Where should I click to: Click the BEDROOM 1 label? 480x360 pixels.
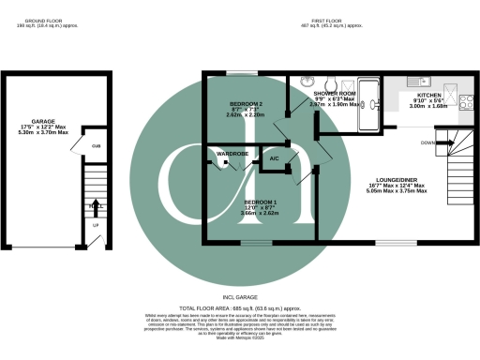pyautogui.click(x=261, y=202)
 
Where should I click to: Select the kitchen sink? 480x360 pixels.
pyautogui.click(x=422, y=82)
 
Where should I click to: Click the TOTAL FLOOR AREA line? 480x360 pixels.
pyautogui.click(x=239, y=307)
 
